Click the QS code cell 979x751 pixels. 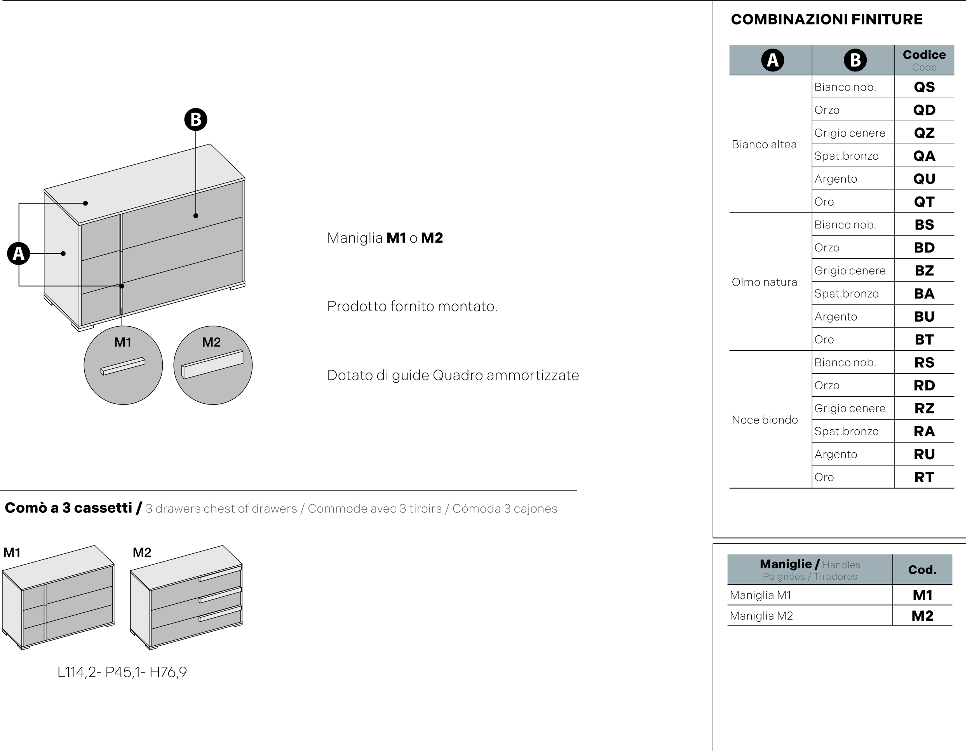click(924, 87)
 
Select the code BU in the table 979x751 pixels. click(924, 317)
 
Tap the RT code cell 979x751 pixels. click(924, 477)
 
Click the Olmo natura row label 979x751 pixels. click(765, 282)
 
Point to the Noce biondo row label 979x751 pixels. click(765, 420)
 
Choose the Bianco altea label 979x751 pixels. click(764, 145)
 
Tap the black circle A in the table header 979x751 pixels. click(772, 60)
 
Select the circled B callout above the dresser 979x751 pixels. click(196, 119)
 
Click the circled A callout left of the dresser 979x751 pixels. click(18, 253)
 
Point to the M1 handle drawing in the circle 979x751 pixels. click(123, 366)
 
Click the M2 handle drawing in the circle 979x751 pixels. click(213, 364)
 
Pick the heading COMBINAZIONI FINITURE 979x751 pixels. click(827, 19)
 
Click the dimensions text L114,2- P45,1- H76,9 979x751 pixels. click(122, 672)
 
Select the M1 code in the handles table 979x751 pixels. click(922, 595)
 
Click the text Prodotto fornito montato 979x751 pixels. click(412, 306)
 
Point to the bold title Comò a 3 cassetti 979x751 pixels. click(68, 508)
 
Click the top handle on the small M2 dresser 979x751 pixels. click(220, 573)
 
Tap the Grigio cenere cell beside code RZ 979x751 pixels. click(850, 408)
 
